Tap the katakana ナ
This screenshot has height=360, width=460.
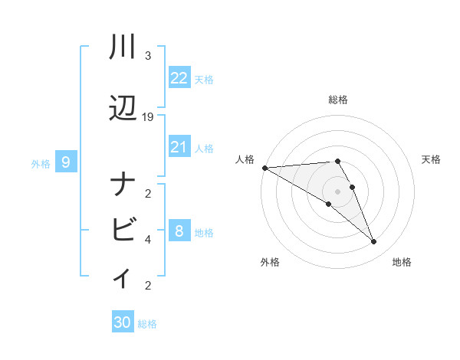(123, 186)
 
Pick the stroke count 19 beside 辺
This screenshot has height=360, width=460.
(148, 117)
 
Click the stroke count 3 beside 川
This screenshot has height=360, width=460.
(148, 56)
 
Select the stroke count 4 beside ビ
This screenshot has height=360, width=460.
(148, 239)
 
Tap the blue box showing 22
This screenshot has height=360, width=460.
(179, 78)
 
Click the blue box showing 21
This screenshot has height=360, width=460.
(179, 147)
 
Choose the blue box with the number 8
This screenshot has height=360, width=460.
(179, 231)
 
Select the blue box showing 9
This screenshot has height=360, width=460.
(67, 162)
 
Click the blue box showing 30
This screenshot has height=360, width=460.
(123, 322)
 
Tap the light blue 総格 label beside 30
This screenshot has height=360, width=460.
(147, 324)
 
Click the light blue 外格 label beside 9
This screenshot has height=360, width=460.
(41, 163)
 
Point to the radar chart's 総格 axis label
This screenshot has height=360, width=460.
(338, 100)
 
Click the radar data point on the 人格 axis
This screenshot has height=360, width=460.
(264, 167)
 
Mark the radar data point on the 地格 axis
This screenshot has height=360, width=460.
(374, 242)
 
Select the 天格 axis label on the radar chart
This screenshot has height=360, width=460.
(432, 159)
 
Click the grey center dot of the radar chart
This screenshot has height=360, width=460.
(338, 191)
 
